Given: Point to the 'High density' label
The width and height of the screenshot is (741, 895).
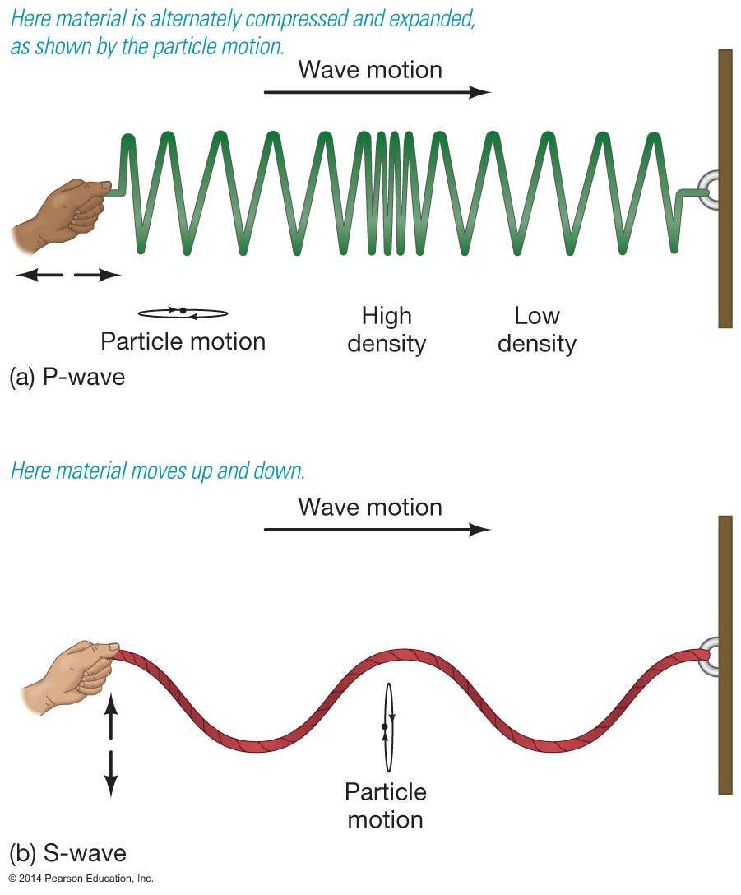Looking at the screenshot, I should [387, 329].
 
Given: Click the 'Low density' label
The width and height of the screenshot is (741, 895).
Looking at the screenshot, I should [537, 329].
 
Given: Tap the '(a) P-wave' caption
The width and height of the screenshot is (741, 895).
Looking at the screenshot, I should [67, 378].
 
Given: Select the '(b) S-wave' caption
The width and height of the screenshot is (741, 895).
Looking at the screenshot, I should [67, 850].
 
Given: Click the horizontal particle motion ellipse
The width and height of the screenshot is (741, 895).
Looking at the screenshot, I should [183, 312].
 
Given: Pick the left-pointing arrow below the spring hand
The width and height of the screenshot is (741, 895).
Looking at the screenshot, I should [39, 276].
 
